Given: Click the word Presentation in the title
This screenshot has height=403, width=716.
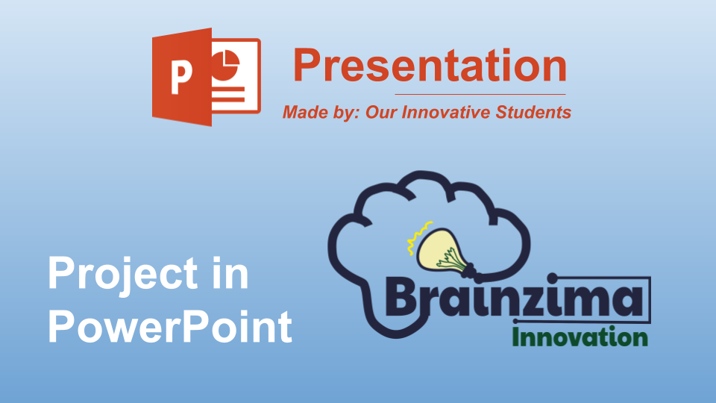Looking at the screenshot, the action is [430, 66].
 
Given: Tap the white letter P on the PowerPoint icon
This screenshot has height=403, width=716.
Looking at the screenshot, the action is [180, 78].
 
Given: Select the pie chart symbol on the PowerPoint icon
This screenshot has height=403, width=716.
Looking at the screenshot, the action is [225, 66].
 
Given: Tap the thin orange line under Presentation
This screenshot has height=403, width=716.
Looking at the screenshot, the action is [480, 94].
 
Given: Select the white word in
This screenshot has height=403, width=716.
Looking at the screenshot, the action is [231, 273].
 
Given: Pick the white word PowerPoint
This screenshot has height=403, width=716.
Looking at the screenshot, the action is [170, 326].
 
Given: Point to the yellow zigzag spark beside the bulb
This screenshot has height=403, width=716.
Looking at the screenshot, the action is [419, 237].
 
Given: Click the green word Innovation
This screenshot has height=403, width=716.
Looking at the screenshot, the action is [580, 337].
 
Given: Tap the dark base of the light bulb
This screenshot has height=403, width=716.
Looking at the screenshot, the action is [473, 272].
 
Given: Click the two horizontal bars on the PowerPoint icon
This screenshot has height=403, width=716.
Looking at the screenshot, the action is [228, 94].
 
